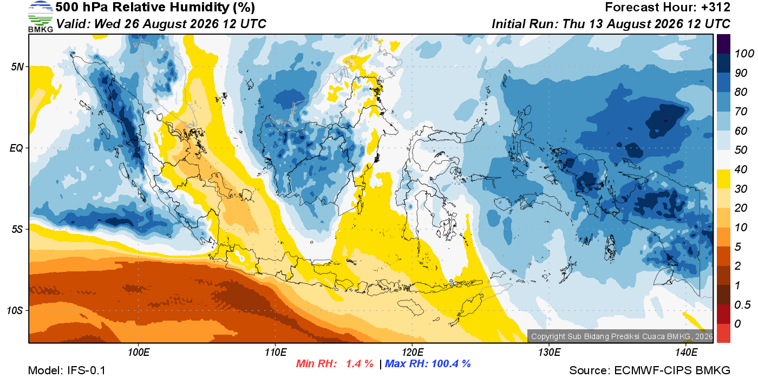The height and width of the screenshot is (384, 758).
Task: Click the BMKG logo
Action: tap(40, 17)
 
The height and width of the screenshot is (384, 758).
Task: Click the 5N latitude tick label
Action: tap(17, 67)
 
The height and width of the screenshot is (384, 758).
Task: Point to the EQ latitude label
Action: tap(17, 148)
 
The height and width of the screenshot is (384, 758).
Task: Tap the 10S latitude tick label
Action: tap(15, 310)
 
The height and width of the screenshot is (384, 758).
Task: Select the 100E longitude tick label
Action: tap(139, 353)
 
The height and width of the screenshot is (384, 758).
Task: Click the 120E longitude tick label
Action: tap(412, 353)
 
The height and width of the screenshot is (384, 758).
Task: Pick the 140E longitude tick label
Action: tap(686, 353)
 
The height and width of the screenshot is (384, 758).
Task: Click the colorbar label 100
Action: tap(744, 54)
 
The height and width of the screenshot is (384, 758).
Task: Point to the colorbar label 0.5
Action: tap(742, 305)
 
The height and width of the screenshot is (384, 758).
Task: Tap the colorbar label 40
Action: tap(741, 170)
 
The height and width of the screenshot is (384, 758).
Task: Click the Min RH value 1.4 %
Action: tap(360, 363)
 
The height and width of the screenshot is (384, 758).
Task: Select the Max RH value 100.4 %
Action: tap(451, 363)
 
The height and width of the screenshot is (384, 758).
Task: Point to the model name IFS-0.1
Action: tap(86, 370)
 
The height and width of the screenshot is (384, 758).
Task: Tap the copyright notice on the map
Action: tap(622, 336)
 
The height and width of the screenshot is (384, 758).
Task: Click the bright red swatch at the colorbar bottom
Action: tap(723, 333)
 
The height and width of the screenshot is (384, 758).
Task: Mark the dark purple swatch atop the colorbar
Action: tap(723, 44)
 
